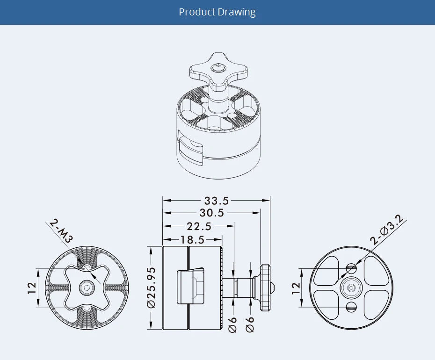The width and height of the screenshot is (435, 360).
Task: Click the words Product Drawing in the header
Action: tap(217, 12)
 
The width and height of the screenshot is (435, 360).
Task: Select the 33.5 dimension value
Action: tap(217, 201)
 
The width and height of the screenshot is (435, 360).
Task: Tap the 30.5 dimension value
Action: tap(212, 213)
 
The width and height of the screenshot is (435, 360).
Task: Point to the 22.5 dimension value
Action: tap(199, 226)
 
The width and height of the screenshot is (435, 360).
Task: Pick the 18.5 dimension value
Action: tap(192, 240)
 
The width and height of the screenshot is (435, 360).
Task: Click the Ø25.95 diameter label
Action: tap(151, 288)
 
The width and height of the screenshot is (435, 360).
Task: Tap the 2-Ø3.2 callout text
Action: tap(388, 231)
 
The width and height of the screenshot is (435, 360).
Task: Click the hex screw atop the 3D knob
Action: tap(217, 68)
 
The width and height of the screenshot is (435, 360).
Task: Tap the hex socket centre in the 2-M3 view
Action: tap(87, 287)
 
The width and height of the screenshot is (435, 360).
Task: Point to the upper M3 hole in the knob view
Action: tap(87, 266)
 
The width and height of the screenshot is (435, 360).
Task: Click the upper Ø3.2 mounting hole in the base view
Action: tap(352, 268)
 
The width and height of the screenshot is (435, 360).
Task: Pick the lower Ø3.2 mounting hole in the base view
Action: tap(352, 307)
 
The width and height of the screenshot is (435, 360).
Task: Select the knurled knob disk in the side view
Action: tap(266, 288)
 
